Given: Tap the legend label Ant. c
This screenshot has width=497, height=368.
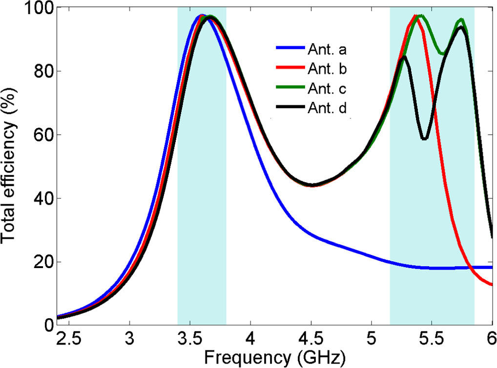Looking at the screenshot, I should click(327, 89).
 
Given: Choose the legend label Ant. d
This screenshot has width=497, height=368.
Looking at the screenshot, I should click(327, 109).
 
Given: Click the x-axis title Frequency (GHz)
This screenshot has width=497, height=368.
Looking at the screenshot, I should click(275, 358).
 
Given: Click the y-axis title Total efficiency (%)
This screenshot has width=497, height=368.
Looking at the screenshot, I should click(10, 166).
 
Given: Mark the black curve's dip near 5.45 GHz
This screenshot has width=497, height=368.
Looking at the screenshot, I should click(424, 139).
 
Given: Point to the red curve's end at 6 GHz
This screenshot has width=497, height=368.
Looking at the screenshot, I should click(491, 285).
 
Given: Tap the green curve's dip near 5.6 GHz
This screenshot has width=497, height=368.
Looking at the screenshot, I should click(443, 54).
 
